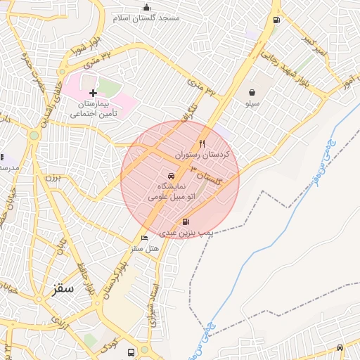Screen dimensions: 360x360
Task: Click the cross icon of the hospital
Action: pos(93,93)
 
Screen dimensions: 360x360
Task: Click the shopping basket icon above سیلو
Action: pos(252,91)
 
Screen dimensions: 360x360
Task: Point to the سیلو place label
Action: pos(252,103)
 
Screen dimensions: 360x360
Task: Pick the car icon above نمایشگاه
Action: pos(170,176)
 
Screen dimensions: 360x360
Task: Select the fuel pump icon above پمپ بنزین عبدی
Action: pos(185,222)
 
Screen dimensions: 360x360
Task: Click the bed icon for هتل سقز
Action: pos(145,238)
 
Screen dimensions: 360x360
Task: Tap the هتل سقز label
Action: pos(145,249)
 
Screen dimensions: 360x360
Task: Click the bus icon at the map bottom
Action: pos(131,352)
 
